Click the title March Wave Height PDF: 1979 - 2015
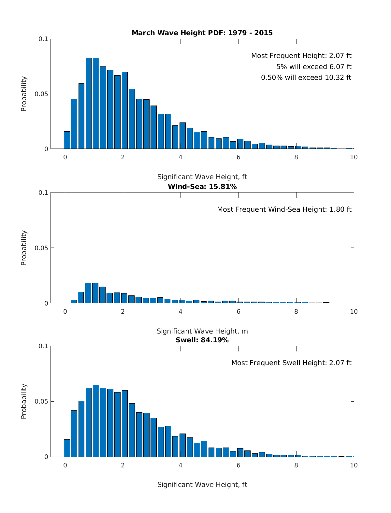[x=202, y=33]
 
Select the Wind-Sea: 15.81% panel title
[x=202, y=187]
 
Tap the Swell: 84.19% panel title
[x=202, y=340]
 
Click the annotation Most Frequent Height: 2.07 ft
[x=301, y=56]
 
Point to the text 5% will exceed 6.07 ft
[x=314, y=67]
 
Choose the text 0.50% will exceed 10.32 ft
[x=306, y=78]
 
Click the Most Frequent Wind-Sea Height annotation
[x=284, y=209]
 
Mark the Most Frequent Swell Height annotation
[x=291, y=363]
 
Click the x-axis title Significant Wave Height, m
[x=202, y=331]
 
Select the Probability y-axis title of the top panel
[x=24, y=94]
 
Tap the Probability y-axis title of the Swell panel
[x=24, y=401]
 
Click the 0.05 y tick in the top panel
[x=41, y=94]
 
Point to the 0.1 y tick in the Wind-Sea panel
[x=43, y=192]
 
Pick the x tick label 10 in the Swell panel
[x=354, y=465]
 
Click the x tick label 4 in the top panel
[x=181, y=157]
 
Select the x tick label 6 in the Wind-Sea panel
[x=238, y=311]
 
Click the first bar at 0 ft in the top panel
[x=67, y=140]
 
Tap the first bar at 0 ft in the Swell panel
[x=67, y=448]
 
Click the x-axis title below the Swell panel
[x=202, y=485]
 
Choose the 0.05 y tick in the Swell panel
[x=41, y=401]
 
